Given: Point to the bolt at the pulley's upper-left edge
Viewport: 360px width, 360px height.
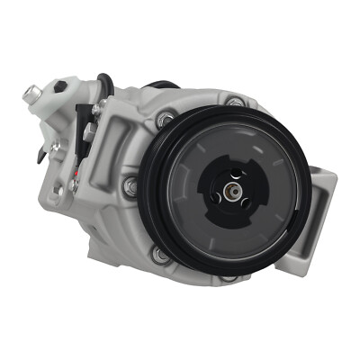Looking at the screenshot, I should (x=165, y=120).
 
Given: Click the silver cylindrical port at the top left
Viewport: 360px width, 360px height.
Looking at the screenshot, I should (x=32, y=92).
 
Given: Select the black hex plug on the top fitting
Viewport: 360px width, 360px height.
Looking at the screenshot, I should (x=60, y=86).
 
